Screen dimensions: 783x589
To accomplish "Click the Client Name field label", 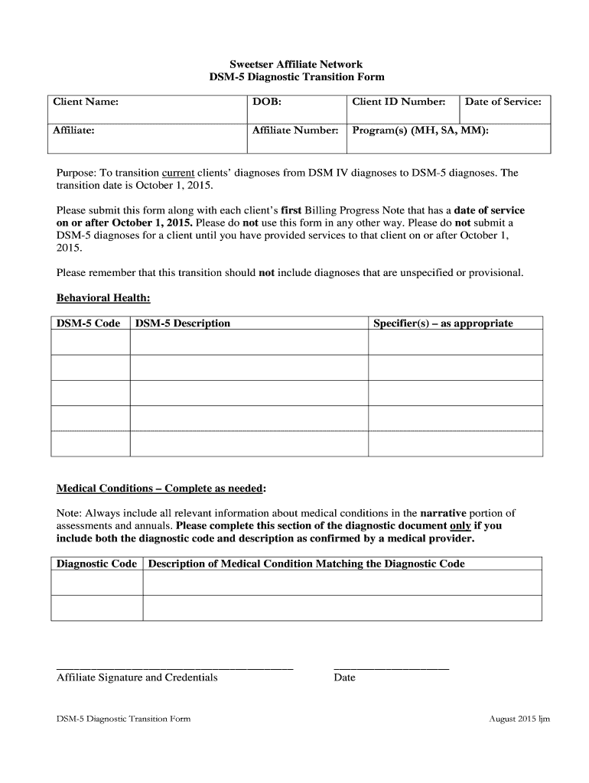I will click(85, 102).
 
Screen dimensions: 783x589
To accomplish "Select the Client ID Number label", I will click(399, 102).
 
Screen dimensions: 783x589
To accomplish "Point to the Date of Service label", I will click(503, 102).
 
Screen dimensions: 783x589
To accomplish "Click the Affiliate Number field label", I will click(294, 131).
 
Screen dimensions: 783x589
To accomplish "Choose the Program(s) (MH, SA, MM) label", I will click(420, 131).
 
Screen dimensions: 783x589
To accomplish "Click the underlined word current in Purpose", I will click(178, 173).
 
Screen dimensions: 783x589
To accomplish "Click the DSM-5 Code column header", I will click(88, 323).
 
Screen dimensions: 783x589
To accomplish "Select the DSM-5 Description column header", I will click(183, 323).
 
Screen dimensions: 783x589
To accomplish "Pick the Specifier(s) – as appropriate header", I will click(443, 323).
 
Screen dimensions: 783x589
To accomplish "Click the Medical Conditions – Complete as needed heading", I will click(161, 489).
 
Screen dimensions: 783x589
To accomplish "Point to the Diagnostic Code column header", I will click(96, 564).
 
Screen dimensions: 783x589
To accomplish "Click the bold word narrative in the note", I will click(443, 513).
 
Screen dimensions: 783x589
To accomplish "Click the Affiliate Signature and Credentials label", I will click(137, 677).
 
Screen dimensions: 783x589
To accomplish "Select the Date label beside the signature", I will click(345, 677).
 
